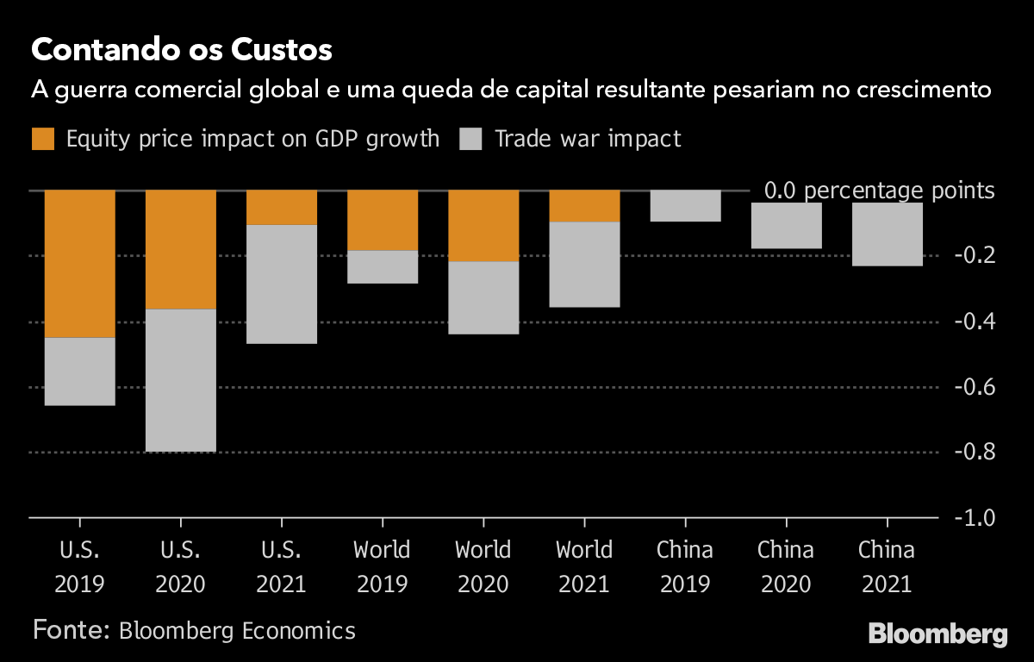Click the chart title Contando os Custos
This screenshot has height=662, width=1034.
click(181, 50)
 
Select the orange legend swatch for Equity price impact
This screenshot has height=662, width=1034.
click(43, 139)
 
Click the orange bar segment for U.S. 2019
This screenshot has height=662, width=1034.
click(80, 263)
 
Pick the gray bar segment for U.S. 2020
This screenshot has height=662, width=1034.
click(181, 380)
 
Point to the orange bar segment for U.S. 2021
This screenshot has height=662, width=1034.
click(282, 207)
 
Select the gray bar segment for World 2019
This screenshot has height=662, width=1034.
click(383, 266)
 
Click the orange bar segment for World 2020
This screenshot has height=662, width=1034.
click(483, 225)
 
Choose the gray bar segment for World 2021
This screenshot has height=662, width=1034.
click(584, 265)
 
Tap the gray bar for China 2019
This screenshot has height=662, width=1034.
click(685, 206)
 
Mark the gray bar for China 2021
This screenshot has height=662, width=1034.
click(888, 234)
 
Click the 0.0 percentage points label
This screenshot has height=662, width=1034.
click(879, 190)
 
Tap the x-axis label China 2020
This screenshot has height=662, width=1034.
click(786, 566)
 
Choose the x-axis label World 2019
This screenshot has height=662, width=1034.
click(383, 566)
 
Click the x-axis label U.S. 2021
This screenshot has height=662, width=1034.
click(282, 566)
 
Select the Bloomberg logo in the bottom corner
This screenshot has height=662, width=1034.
click(937, 635)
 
